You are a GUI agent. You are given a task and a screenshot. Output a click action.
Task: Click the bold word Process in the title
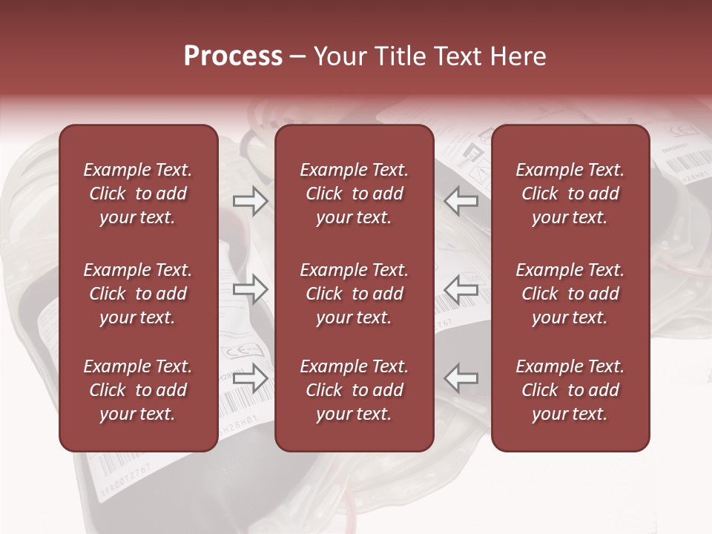pyautogui.click(x=233, y=56)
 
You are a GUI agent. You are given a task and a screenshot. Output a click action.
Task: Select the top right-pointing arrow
pyautogui.click(x=250, y=201)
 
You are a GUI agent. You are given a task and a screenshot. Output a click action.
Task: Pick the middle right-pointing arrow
pyautogui.click(x=250, y=289)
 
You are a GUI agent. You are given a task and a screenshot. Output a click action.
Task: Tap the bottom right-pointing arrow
pyautogui.click(x=250, y=378)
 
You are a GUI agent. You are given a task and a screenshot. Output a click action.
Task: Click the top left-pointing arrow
pyautogui.click(x=461, y=201)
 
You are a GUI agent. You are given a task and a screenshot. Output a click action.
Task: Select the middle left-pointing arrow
pyautogui.click(x=461, y=289)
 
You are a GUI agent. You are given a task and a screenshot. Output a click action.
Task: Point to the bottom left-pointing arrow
pyautogui.click(x=461, y=378)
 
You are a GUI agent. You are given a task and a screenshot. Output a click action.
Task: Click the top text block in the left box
pyautogui.click(x=138, y=194)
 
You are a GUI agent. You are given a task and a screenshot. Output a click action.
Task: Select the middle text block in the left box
pyautogui.click(x=138, y=294)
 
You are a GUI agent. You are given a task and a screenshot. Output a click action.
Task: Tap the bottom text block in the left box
pyautogui.click(x=138, y=390)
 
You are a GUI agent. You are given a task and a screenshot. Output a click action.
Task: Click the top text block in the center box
pyautogui.click(x=355, y=194)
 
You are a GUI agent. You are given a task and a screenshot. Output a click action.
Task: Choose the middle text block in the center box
pyautogui.click(x=355, y=294)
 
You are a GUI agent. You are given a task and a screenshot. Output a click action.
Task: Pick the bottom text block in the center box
pyautogui.click(x=355, y=390)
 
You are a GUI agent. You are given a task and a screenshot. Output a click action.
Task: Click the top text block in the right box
pyautogui.click(x=570, y=194)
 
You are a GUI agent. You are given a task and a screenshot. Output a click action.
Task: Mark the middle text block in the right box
pyautogui.click(x=570, y=294)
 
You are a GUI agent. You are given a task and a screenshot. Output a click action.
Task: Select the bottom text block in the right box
pyautogui.click(x=570, y=390)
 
